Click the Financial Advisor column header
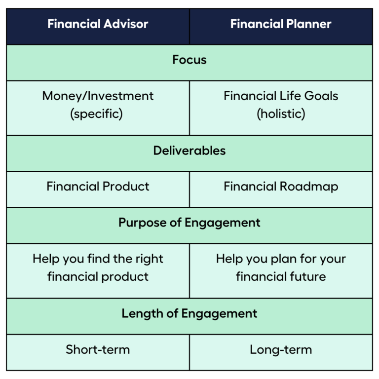click(x=98, y=24)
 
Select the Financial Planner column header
click(x=281, y=24)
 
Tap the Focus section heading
click(x=189, y=60)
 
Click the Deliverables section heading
click(x=189, y=151)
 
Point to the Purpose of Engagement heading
click(x=189, y=223)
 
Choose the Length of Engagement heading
click(x=189, y=313)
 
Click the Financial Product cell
click(x=98, y=187)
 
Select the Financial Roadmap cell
click(x=281, y=187)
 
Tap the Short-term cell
click(x=98, y=350)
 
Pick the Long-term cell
click(x=281, y=350)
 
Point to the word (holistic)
click(x=281, y=114)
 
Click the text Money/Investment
click(x=98, y=96)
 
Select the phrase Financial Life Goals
click(x=281, y=96)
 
